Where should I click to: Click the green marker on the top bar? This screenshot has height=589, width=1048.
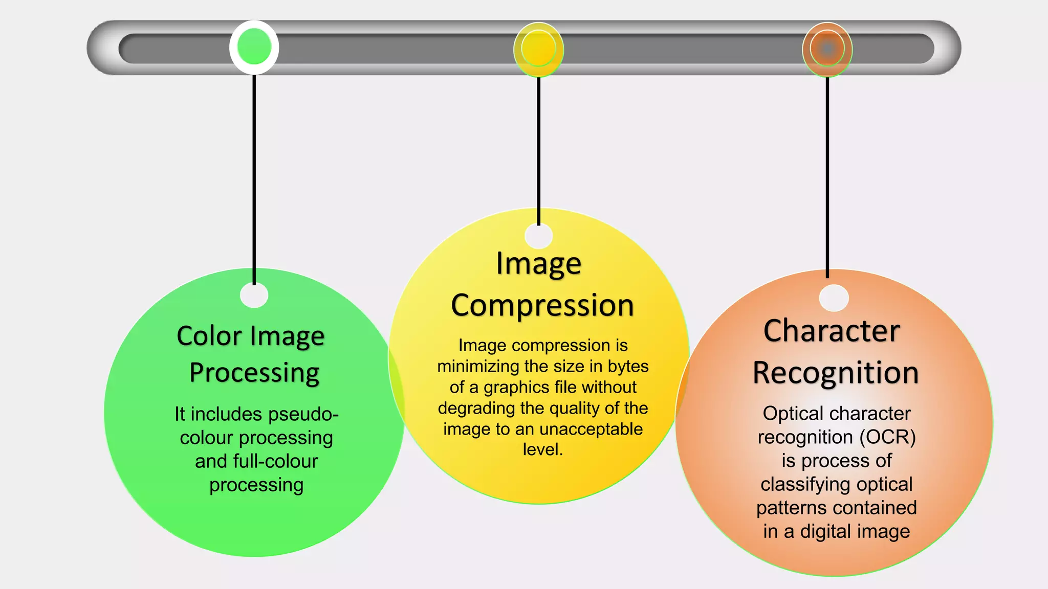pyautogui.click(x=254, y=47)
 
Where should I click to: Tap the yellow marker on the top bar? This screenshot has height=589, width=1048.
pyautogui.click(x=538, y=49)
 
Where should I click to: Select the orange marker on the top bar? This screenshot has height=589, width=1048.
pyautogui.click(x=827, y=49)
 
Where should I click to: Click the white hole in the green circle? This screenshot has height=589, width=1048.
pyautogui.click(x=254, y=295)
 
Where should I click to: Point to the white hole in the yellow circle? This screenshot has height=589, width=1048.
pyautogui.click(x=538, y=236)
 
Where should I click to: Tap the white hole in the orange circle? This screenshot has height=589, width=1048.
pyautogui.click(x=834, y=298)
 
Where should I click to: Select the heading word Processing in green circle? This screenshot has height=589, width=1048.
pyautogui.click(x=254, y=373)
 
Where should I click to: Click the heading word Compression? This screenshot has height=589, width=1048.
pyautogui.click(x=542, y=306)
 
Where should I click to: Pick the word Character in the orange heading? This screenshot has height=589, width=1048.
pyautogui.click(x=832, y=331)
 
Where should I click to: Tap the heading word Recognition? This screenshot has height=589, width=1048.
pyautogui.click(x=836, y=373)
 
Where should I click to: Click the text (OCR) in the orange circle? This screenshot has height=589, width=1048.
pyautogui.click(x=887, y=437)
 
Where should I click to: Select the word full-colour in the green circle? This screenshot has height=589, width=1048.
pyautogui.click(x=275, y=461)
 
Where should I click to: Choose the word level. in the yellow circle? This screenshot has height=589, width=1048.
pyautogui.click(x=542, y=449)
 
